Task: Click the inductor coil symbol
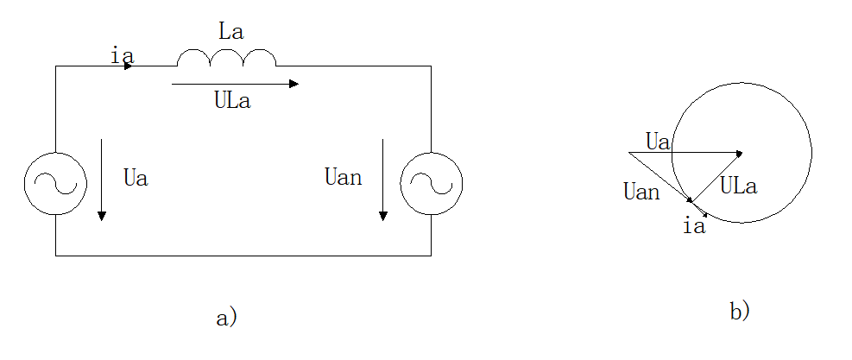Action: click(226, 59)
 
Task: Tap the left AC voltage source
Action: click(56, 184)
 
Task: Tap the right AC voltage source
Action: click(431, 184)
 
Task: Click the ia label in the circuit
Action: click(122, 55)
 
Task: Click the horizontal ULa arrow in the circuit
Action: click(235, 84)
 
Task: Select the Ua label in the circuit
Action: click(136, 180)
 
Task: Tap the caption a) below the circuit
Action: click(225, 317)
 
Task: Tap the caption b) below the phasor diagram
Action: click(739, 311)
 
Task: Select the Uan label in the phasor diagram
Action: click(641, 191)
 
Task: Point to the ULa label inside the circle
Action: click(738, 186)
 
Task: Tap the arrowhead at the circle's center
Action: click(739, 153)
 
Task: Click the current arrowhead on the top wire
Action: click(129, 66)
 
